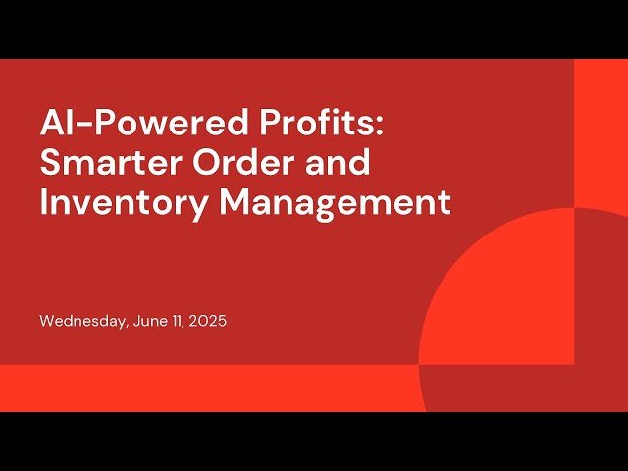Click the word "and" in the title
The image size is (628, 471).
pyautogui.click(x=341, y=163)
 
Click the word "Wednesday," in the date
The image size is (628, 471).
pyautogui.click(x=82, y=321)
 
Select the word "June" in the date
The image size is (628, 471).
pyautogui.click(x=146, y=321)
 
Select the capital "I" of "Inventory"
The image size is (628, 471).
pyautogui.click(x=44, y=201)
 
